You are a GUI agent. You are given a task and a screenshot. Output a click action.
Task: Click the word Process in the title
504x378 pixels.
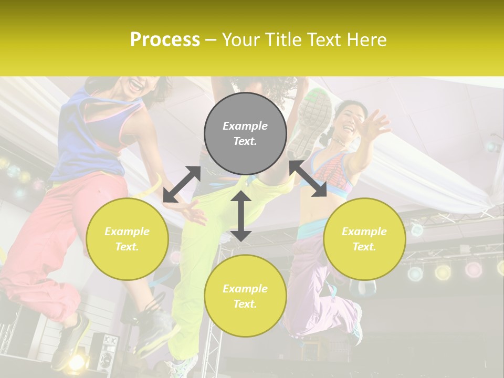165,40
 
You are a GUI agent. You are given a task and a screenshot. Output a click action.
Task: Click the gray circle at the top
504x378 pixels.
245,133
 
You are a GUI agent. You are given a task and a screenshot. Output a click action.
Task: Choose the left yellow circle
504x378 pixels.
127,239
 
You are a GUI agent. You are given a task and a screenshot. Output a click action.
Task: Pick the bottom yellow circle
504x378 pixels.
245,296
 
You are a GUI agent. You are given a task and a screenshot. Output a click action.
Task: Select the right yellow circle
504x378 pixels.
364,239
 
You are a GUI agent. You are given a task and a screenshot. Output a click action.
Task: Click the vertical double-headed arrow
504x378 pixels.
241,216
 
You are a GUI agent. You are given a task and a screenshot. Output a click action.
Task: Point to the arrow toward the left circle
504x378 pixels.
182,184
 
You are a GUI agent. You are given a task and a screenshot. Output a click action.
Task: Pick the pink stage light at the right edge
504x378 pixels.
473,269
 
